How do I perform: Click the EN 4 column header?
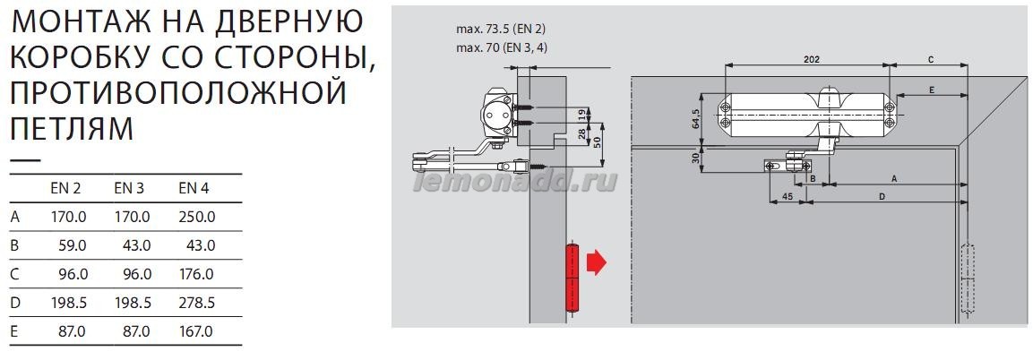click(x=194, y=188)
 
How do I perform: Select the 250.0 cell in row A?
click(x=196, y=218)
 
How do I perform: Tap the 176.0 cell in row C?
click(x=196, y=274)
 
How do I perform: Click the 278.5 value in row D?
click(x=196, y=304)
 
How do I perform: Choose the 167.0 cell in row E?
click(x=196, y=332)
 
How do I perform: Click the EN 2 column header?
click(x=65, y=188)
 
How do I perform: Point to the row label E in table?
click(x=14, y=332)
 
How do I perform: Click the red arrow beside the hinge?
click(x=596, y=262)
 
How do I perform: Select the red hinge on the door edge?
click(x=572, y=277)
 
